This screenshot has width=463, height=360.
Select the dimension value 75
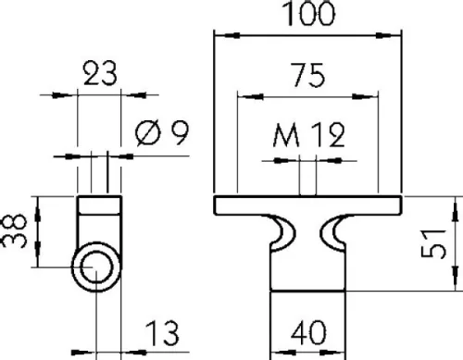coord(308,77)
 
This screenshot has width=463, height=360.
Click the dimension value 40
coord(308,331)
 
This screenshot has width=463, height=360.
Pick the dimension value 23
coord(98,73)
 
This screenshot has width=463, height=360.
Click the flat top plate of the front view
coord(308,204)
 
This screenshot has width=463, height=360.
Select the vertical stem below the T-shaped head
coord(308,296)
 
